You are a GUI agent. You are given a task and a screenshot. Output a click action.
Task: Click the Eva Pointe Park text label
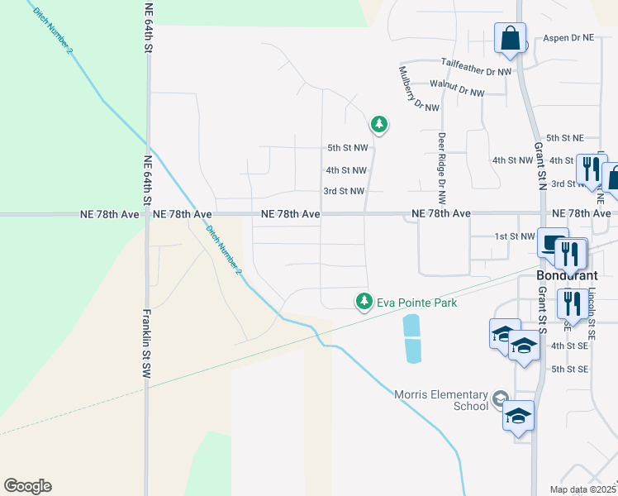[416, 303]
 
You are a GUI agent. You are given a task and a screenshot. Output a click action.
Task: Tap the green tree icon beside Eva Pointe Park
[363, 303]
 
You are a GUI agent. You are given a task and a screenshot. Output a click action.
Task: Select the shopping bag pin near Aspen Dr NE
[511, 39]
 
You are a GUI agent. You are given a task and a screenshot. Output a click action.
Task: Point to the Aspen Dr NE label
[568, 38]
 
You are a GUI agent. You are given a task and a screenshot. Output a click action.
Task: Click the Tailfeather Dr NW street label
[476, 72]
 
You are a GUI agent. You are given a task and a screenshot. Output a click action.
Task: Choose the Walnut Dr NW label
[457, 93]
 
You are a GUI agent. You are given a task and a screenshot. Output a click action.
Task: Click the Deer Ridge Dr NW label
[442, 169]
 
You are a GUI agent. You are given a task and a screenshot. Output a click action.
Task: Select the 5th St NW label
[348, 148]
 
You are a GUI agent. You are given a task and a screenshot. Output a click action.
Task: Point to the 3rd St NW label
[344, 191]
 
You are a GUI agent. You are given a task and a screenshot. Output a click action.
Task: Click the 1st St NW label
[516, 236]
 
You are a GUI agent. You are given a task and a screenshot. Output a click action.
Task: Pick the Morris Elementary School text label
[441, 400]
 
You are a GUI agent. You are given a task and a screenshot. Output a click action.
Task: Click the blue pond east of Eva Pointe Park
[411, 338]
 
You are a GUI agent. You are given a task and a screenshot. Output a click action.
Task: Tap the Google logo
[27, 486]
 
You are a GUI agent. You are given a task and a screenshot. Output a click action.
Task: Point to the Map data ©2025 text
[582, 489]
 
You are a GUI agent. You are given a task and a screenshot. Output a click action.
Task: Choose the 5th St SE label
[569, 369]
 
